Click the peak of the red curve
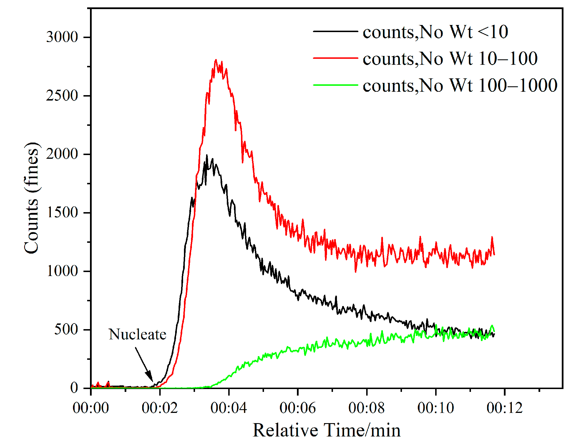(x=216, y=60)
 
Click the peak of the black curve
(x=207, y=155)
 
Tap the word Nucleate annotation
(x=137, y=335)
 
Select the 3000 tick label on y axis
(x=62, y=37)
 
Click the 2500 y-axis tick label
(x=62, y=96)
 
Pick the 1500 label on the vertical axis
(x=62, y=213)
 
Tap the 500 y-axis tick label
(x=66, y=330)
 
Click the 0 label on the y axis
(x=74, y=388)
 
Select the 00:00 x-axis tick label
(x=91, y=408)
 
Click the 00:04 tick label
(x=229, y=408)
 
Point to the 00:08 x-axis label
(x=366, y=408)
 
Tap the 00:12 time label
(x=504, y=408)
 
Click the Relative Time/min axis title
(x=326, y=430)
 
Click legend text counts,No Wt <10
(x=435, y=32)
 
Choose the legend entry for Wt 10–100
(x=450, y=59)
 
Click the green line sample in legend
(x=335, y=85)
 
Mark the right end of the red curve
(x=494, y=254)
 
